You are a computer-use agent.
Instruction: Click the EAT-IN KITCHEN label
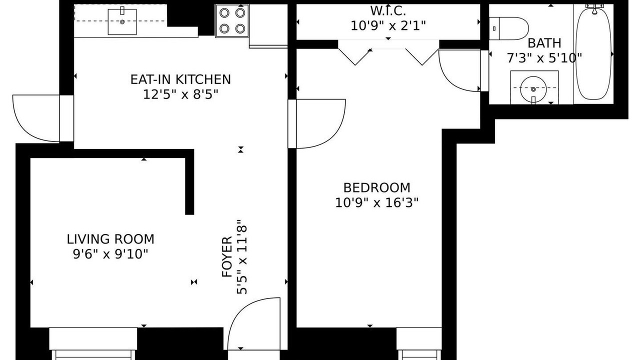click(180, 79)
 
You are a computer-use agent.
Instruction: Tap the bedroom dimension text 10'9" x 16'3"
click(376, 203)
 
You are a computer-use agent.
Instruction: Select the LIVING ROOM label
click(110, 239)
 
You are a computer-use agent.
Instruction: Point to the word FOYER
click(227, 256)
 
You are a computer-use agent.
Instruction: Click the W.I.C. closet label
click(388, 11)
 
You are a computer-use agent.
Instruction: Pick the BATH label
click(544, 43)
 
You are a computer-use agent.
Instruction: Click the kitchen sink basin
click(122, 21)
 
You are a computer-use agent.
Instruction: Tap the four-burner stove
click(232, 21)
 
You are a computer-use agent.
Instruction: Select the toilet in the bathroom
click(508, 28)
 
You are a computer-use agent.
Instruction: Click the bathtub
click(593, 53)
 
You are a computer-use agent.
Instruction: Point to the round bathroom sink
click(533, 89)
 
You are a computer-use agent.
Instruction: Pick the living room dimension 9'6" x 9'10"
click(111, 254)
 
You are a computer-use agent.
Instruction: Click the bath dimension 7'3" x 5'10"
click(544, 58)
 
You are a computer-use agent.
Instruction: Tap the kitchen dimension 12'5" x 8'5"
click(180, 94)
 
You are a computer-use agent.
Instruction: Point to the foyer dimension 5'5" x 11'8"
click(241, 256)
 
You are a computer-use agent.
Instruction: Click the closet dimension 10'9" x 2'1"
click(388, 26)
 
